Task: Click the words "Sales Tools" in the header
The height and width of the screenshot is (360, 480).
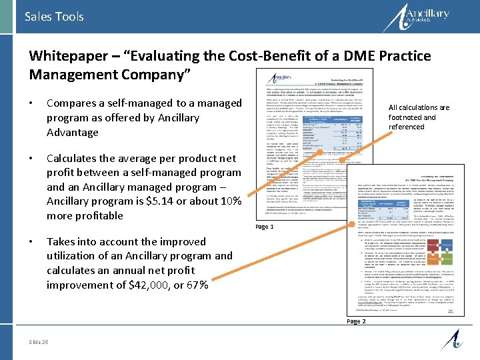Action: point(54,16)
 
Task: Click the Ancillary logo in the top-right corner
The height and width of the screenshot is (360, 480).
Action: point(427,17)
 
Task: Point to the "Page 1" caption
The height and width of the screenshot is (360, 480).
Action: point(264,227)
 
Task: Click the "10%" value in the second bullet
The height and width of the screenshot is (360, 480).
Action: point(228,201)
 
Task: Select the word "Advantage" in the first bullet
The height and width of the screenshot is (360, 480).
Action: point(73,132)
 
